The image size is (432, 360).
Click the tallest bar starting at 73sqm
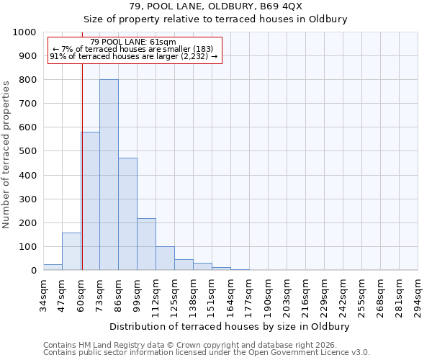[109, 175]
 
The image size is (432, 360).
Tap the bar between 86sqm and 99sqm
[127, 214]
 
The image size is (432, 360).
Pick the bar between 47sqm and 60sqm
[71, 251]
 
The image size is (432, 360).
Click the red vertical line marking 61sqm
[82, 166]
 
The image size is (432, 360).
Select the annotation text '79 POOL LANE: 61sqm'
[133, 42]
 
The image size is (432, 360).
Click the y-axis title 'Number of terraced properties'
[6, 154]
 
